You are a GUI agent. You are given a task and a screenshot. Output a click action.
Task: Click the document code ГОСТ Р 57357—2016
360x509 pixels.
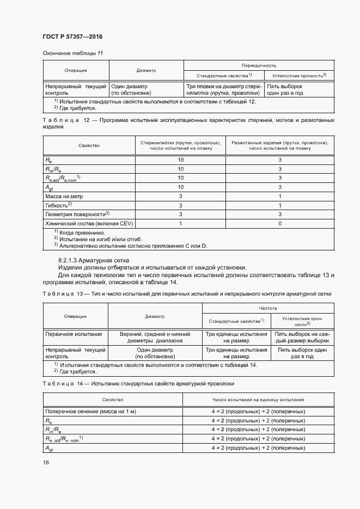tap(72, 36)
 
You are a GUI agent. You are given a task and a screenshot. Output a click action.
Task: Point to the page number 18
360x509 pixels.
tap(46, 463)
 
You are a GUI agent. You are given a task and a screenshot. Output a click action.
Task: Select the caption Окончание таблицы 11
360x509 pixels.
tap(72, 52)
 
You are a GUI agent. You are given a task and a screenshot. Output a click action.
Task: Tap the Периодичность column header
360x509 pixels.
tap(256, 65)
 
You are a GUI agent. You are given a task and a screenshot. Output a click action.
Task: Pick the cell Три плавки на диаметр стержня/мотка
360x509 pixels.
tap(224, 90)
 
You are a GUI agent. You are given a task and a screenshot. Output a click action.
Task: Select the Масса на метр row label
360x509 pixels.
tap(64, 196)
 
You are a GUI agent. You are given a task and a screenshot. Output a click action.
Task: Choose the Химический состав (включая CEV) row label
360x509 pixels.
tap(89, 224)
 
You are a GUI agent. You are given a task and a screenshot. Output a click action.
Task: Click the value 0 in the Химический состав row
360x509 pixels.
tap(279, 224)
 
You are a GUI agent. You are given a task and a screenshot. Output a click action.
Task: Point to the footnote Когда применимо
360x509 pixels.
tap(82, 233)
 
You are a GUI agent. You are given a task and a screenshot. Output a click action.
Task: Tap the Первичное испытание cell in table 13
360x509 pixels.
tap(74, 334)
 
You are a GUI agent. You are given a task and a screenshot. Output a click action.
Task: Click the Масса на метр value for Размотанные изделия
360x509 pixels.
tap(279, 196)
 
